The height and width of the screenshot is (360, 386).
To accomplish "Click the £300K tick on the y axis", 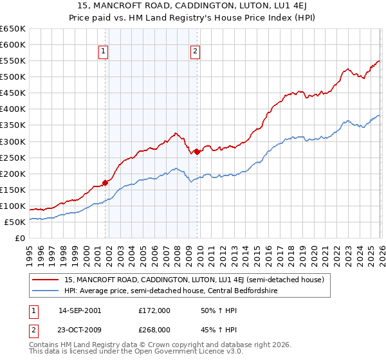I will (13, 141).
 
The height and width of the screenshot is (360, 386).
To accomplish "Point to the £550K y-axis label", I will (13, 61).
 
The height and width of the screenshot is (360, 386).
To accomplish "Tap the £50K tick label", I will (15, 222).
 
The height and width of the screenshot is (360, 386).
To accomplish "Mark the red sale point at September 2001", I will (105, 183).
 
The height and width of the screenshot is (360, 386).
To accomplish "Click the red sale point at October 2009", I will (197, 152).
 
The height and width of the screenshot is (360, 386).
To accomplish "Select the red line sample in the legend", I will (46, 280).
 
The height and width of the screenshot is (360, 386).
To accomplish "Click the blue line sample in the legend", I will (46, 291).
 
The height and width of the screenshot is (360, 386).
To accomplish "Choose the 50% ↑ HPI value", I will (211, 310).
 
